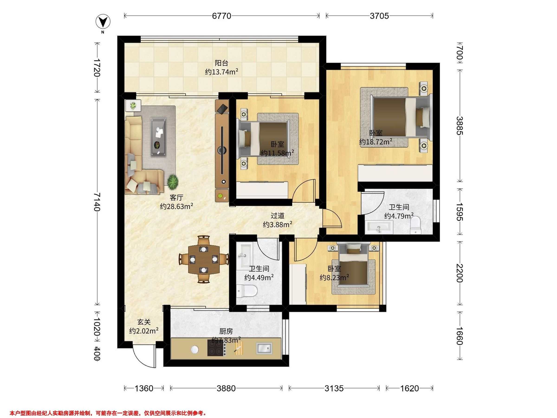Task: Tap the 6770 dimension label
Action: pyautogui.click(x=222, y=16)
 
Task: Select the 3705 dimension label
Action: pyautogui.click(x=379, y=16)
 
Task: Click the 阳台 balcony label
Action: pyautogui.click(x=221, y=63)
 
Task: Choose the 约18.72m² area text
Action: pyautogui.click(x=376, y=142)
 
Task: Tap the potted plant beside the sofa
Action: pyautogui.click(x=173, y=182)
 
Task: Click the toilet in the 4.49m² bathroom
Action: pyautogui.click(x=247, y=291)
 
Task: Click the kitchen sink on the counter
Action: pyautogui.click(x=264, y=348)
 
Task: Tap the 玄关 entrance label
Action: pyautogui.click(x=144, y=322)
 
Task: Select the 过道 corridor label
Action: pyautogui.click(x=278, y=216)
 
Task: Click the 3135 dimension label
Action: pyautogui.click(x=334, y=388)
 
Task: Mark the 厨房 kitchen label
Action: pyautogui.click(x=226, y=331)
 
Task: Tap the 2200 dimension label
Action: pyautogui.click(x=459, y=273)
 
